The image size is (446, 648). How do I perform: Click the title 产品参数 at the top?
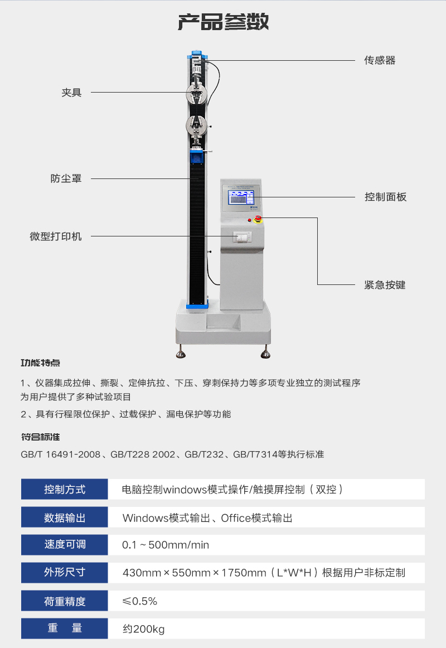[223, 22]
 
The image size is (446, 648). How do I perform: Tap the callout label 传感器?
[380, 60]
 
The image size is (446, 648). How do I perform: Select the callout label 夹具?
[71, 93]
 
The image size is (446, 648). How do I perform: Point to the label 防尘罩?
[66, 178]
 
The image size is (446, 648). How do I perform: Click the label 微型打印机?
[56, 236]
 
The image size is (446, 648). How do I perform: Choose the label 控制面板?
[385, 197]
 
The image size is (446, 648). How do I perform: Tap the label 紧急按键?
[385, 285]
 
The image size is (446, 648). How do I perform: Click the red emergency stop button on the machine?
[258, 219]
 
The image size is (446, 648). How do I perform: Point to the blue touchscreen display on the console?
[241, 197]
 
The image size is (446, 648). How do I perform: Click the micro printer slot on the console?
[242, 237]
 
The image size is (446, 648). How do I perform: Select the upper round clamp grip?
[197, 94]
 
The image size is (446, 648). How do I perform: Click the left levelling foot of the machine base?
[181, 353]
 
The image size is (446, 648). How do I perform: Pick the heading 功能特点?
[41, 363]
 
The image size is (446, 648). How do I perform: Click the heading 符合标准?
[41, 437]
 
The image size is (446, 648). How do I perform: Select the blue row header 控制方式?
[65, 489]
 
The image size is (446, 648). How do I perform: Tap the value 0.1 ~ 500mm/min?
[166, 545]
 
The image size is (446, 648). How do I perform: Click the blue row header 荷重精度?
[65, 601]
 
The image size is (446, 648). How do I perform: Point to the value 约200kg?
[144, 629]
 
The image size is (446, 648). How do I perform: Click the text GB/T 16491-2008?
[61, 454]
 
